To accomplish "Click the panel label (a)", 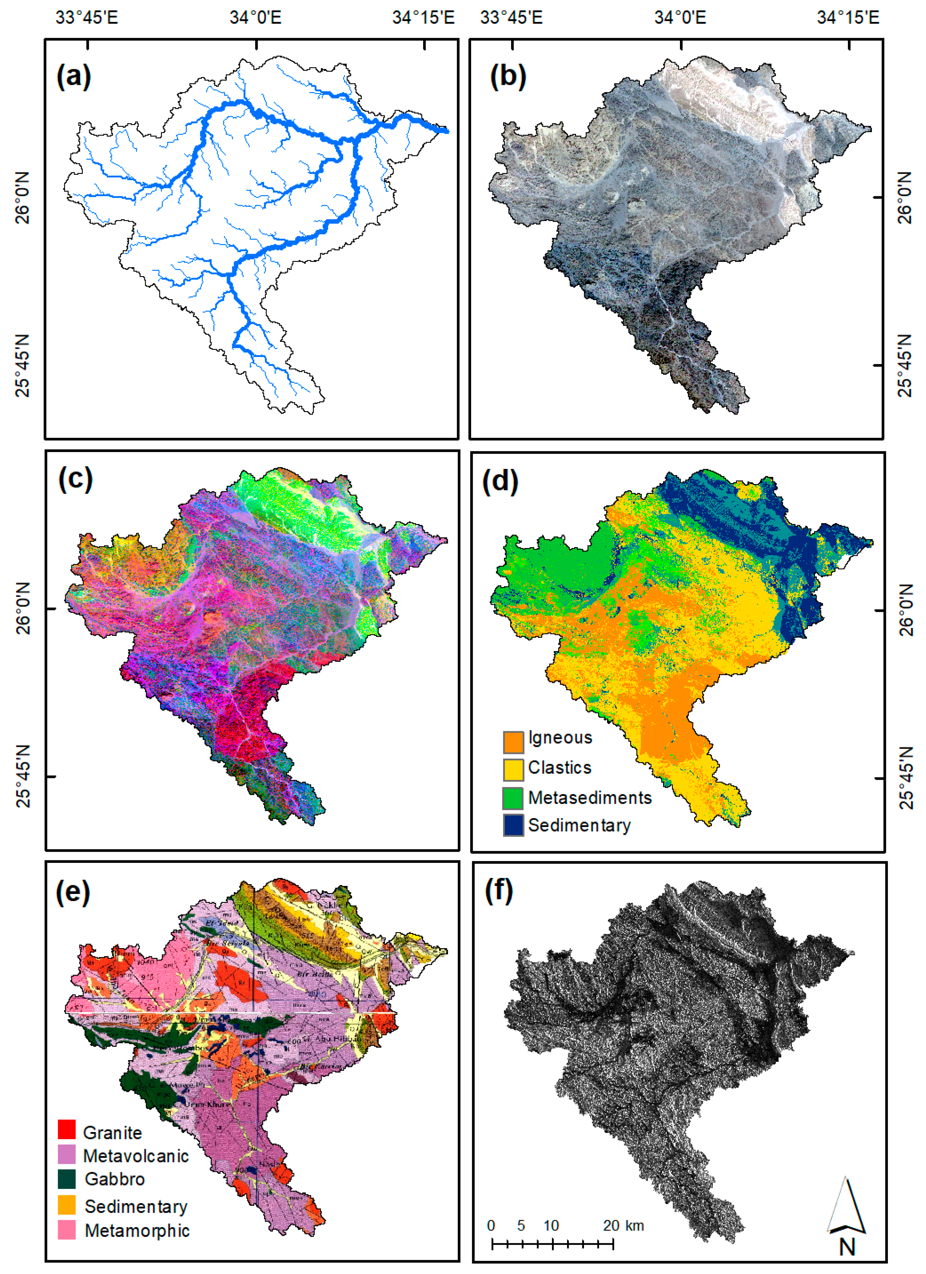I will pos(74,76).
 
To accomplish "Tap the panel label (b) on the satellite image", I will pos(508,76).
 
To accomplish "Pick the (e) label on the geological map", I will pos(73,891).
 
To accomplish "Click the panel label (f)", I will pos(499,891).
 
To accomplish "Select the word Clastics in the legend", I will pos(560,768).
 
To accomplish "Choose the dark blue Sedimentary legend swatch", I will pos(513,825).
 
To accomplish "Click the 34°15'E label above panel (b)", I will pos(848,18).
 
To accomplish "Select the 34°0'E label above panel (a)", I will pos(256,18).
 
